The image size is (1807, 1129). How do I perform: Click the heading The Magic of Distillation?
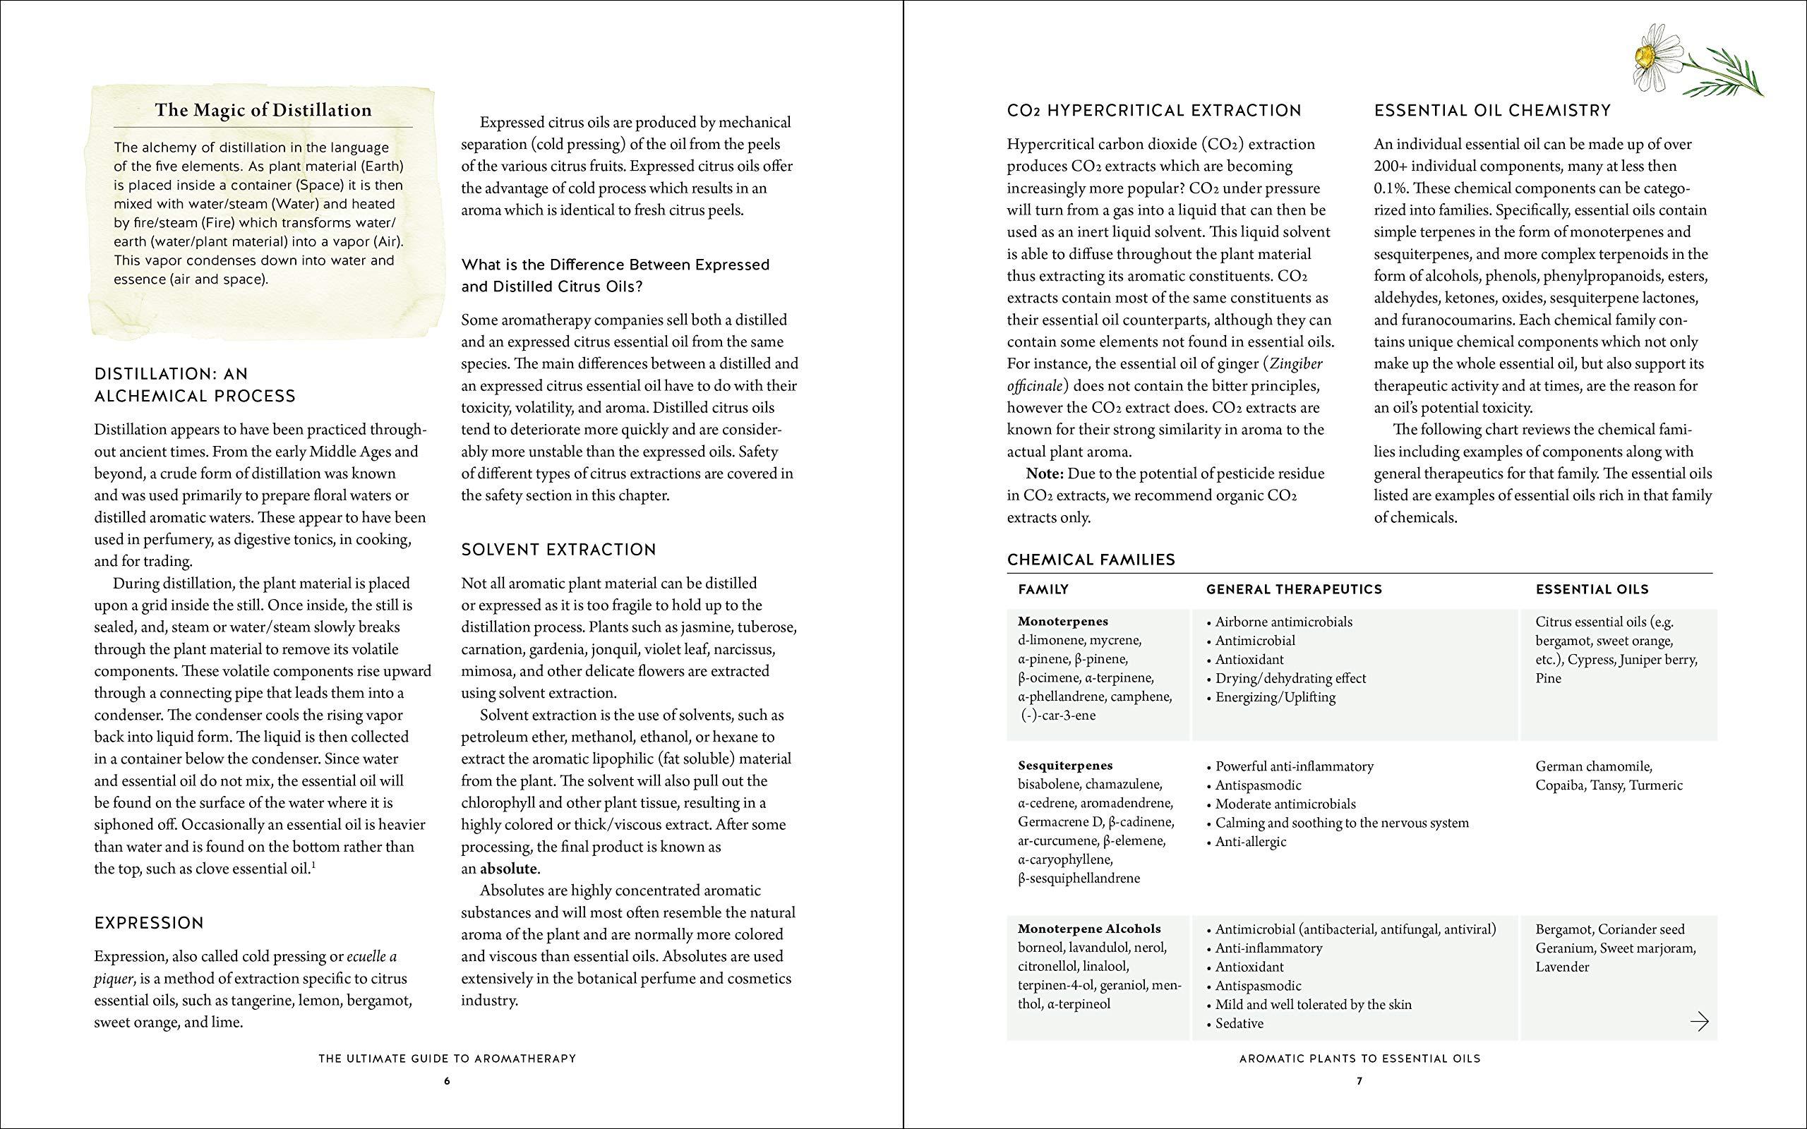click(x=263, y=111)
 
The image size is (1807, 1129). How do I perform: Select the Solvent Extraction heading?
click(x=558, y=550)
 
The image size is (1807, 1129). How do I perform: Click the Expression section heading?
click(x=149, y=923)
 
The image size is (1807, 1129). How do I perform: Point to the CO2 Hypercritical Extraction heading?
click(x=1153, y=111)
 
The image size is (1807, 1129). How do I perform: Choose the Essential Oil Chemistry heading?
click(x=1492, y=111)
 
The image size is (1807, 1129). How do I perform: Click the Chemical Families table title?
click(x=1091, y=560)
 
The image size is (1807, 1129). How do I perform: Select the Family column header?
click(x=1043, y=589)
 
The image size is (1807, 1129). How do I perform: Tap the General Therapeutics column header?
click(x=1294, y=589)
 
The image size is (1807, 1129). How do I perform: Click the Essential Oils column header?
click(x=1592, y=589)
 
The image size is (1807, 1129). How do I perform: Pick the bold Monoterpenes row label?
click(x=1062, y=621)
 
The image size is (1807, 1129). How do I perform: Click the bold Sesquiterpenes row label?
click(x=1064, y=766)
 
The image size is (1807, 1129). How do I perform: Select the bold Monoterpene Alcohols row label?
click(x=1088, y=929)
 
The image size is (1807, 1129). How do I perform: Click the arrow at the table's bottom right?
click(x=1699, y=1021)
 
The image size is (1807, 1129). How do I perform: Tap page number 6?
click(x=447, y=1080)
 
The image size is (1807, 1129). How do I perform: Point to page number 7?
click(x=1359, y=1080)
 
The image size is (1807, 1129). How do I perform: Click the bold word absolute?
click(x=508, y=869)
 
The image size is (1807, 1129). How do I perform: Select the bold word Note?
click(x=1045, y=473)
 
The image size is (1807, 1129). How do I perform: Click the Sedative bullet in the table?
click(x=1239, y=1023)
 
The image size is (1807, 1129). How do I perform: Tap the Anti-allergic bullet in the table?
click(x=1250, y=842)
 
